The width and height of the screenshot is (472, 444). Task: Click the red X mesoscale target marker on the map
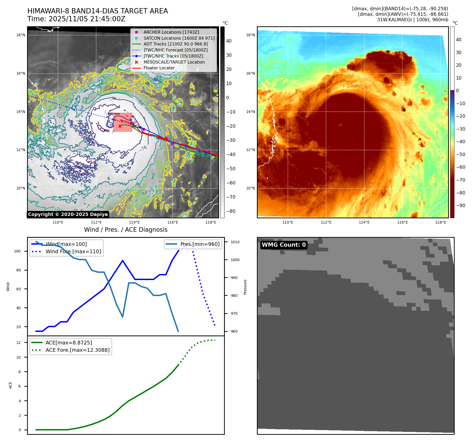pyautogui.click(x=120, y=126)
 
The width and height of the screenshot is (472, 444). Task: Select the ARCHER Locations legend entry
pyautogui.click(x=171, y=32)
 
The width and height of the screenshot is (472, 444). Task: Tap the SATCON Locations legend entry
pyautogui.click(x=179, y=38)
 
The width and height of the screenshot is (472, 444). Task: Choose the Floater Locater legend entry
pyautogui.click(x=159, y=68)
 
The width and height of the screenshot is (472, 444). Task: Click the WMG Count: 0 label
pyautogui.click(x=284, y=245)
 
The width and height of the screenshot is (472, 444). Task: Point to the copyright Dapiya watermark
pyautogui.click(x=68, y=214)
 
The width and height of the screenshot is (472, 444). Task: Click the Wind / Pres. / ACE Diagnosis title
pyautogui.click(x=126, y=230)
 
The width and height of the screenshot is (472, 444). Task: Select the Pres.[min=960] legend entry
pyautogui.click(x=200, y=244)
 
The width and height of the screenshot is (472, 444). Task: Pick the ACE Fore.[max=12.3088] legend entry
pyautogui.click(x=77, y=350)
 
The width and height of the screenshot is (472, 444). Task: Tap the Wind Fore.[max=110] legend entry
pyautogui.click(x=73, y=251)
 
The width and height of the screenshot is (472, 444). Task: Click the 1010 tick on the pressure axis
pyautogui.click(x=235, y=242)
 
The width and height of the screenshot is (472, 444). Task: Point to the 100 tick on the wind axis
pyautogui.click(x=17, y=251)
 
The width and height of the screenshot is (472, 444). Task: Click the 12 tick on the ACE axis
pyautogui.click(x=18, y=343)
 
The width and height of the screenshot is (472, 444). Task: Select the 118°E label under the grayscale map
pyautogui.click(x=211, y=222)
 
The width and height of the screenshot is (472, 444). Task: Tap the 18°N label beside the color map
pyautogui.click(x=250, y=35)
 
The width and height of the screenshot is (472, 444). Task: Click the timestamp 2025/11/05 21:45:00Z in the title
pyautogui.click(x=87, y=19)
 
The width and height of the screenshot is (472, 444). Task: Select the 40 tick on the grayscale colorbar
pyautogui.click(x=229, y=41)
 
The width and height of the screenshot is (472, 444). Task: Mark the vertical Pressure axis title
pyautogui.click(x=245, y=287)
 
